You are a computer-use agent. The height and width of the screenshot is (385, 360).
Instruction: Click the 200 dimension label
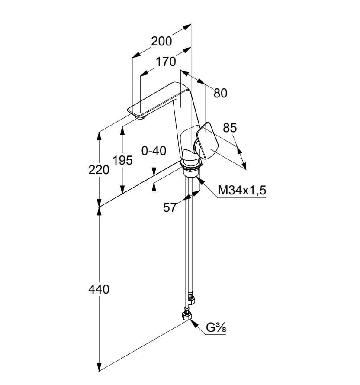click(161, 41)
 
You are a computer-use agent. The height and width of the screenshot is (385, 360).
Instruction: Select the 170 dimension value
click(166, 61)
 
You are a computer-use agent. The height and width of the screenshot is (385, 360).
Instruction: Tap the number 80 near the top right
click(220, 93)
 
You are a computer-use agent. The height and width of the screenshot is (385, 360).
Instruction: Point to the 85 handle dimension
click(230, 128)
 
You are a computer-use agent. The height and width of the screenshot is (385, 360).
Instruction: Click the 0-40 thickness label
click(154, 151)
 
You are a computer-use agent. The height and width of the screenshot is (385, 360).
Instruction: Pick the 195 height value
click(122, 160)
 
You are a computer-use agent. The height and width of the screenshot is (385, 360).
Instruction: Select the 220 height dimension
click(99, 170)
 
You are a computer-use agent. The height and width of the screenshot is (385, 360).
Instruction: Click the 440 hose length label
click(99, 289)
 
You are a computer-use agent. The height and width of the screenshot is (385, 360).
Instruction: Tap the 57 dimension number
click(170, 207)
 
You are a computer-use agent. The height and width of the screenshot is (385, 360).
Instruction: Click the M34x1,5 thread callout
click(242, 190)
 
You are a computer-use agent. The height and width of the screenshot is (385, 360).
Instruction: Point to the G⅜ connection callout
click(216, 327)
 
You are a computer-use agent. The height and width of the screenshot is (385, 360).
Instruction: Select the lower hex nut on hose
click(187, 316)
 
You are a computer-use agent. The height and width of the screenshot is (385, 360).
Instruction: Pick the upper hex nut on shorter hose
click(191, 300)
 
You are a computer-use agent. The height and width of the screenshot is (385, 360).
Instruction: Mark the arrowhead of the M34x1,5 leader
click(200, 181)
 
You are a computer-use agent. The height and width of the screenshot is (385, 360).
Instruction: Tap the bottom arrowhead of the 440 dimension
click(99, 366)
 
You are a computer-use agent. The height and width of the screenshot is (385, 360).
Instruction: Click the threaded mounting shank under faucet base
click(191, 173)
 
